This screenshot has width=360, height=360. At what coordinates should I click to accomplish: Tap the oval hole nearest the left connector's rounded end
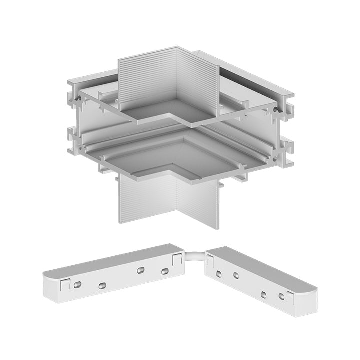[77, 284]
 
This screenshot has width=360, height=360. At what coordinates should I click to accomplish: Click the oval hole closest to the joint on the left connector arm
[164, 272]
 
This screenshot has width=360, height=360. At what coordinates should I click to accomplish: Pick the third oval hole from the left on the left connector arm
[141, 270]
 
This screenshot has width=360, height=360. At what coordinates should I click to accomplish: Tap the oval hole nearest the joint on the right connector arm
[219, 273]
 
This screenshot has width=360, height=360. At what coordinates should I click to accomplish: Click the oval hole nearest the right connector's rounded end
[282, 297]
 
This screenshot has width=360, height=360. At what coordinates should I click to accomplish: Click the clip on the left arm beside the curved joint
[176, 259]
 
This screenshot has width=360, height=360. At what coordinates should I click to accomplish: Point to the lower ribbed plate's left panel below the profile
[148, 200]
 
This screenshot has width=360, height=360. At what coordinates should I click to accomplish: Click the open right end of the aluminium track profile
[285, 132]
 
